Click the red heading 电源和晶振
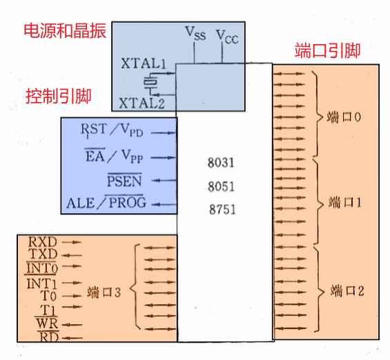(x=65, y=31)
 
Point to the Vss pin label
(x=195, y=32)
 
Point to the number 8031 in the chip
(x=221, y=164)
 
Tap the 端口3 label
(x=104, y=293)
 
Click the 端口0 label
(x=344, y=117)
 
